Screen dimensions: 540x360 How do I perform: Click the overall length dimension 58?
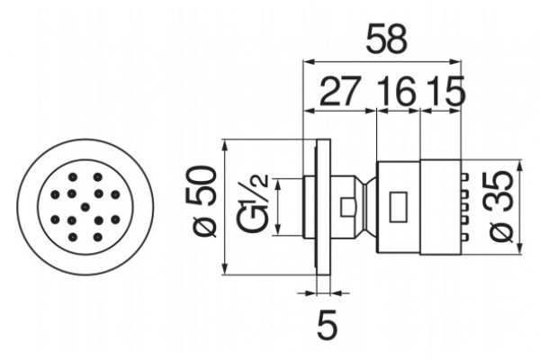pos(386,40)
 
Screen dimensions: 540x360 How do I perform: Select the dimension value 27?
pos(340,92)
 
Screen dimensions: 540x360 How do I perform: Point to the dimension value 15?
pos(445,92)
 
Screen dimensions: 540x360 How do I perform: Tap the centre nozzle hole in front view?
pos(85,207)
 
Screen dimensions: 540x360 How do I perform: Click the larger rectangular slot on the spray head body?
pos(398,207)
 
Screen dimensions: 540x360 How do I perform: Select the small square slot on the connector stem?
pos(347,207)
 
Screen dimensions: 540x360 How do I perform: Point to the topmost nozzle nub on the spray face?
pos(465,177)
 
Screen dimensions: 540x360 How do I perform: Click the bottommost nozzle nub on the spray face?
pos(465,237)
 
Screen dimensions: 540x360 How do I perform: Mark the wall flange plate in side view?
pos(323,207)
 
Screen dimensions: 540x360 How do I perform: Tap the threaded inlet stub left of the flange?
pos(309,207)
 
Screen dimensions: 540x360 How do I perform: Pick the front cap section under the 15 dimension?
pos(441,207)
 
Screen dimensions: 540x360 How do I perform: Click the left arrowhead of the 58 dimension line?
pos(308,62)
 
